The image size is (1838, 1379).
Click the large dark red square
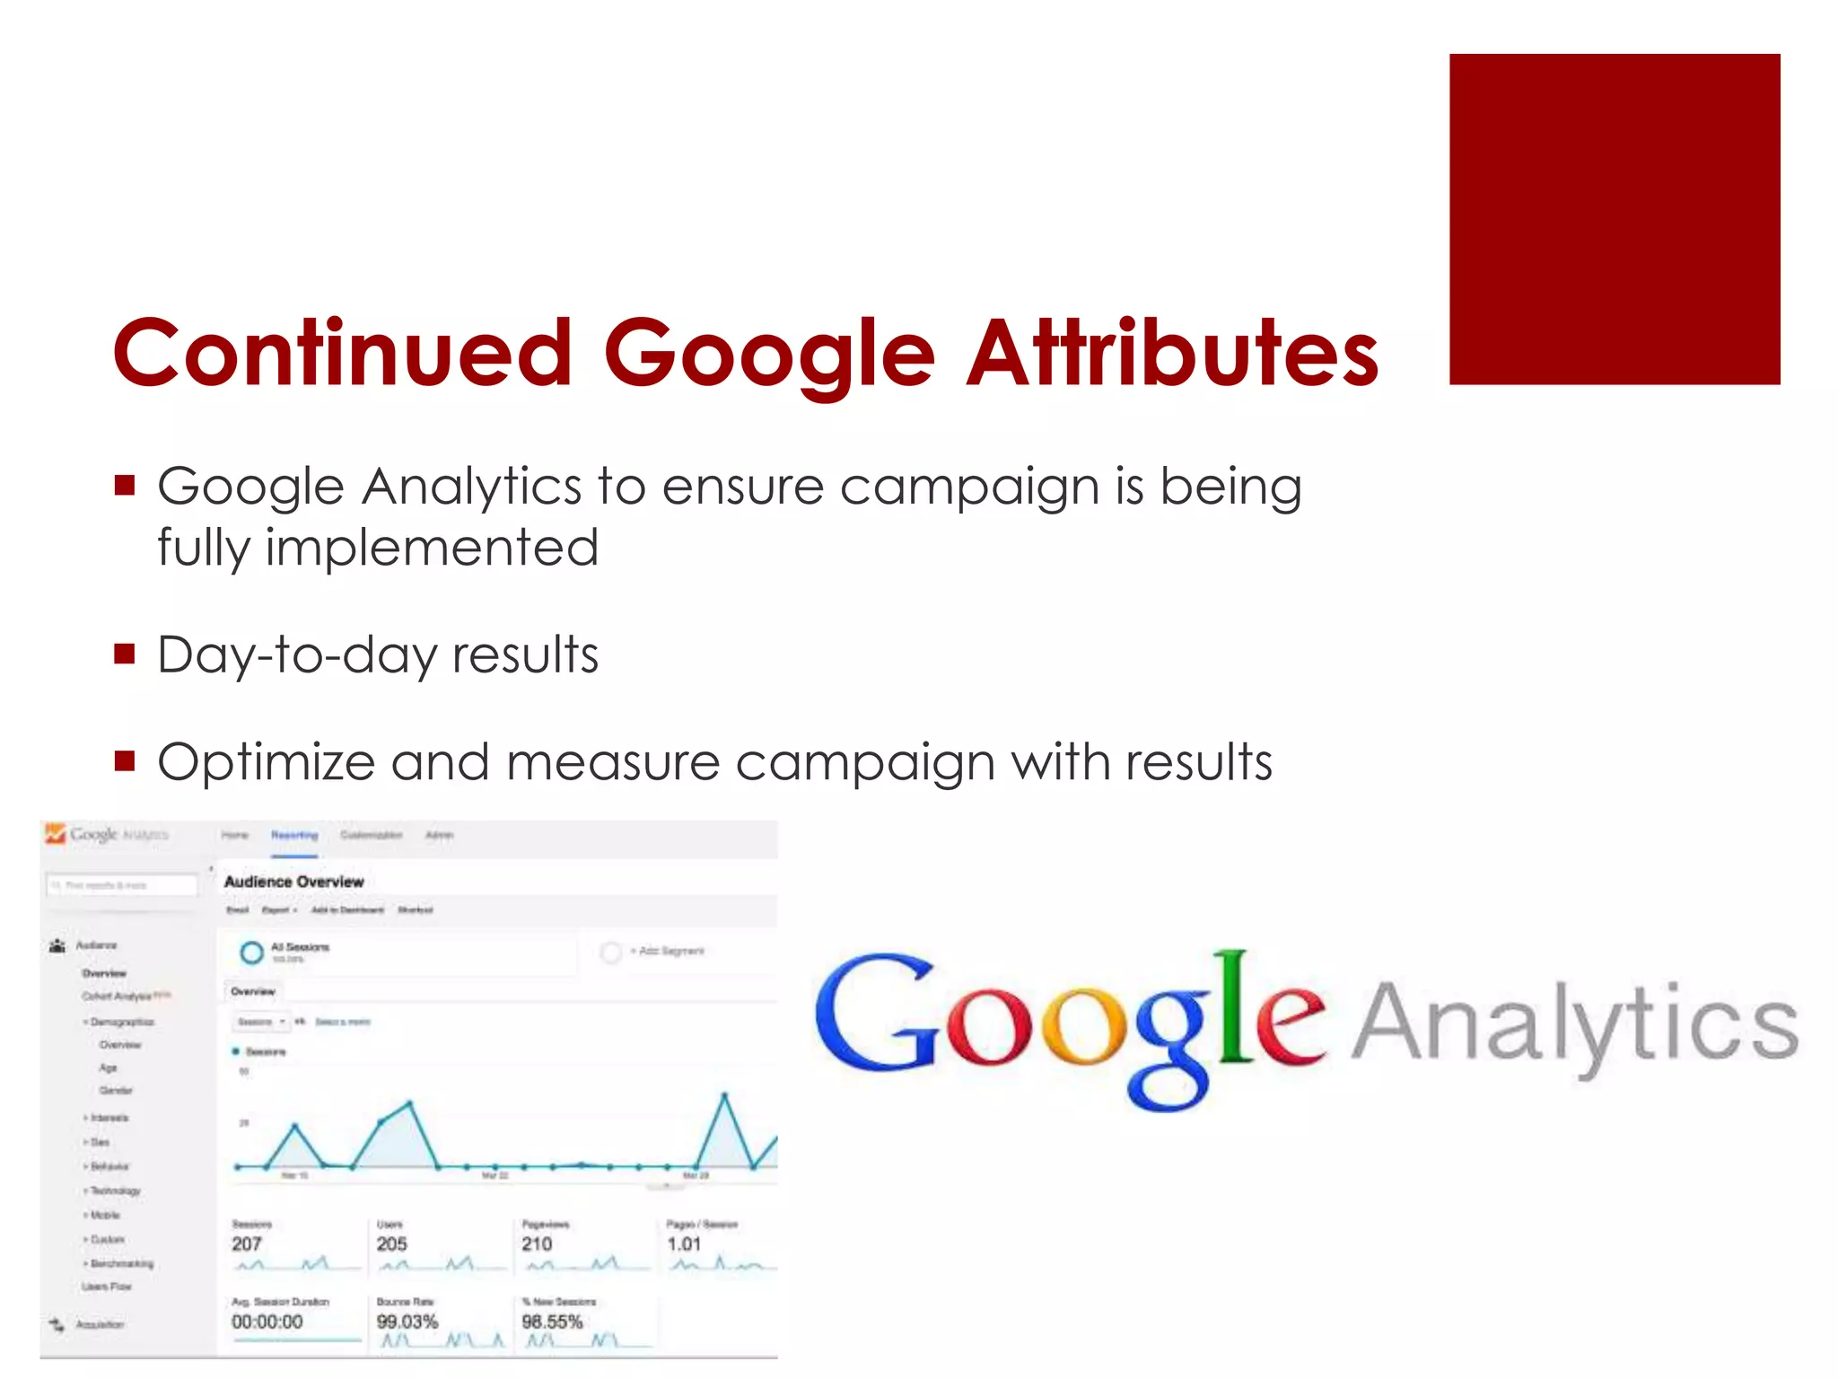[1614, 219]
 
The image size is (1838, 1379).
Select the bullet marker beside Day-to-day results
[125, 653]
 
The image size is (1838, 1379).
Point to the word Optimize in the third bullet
[266, 763]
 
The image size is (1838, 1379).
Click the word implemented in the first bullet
[432, 548]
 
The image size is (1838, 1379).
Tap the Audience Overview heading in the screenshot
[293, 882]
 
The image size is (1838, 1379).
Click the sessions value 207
[246, 1243]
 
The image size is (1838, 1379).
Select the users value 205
[391, 1243]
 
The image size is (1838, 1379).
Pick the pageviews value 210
[537, 1243]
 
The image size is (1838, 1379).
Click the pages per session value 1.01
[683, 1243]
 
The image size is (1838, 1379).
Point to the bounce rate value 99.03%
[407, 1322]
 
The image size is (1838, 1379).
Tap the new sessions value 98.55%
[552, 1322]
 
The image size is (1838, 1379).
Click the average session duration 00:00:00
[267, 1322]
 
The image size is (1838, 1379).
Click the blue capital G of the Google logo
[875, 1014]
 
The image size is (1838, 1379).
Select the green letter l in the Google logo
[1236, 1006]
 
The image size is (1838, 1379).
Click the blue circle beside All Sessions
[252, 952]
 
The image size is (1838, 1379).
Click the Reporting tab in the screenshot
[294, 835]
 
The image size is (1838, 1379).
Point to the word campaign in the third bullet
[865, 763]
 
